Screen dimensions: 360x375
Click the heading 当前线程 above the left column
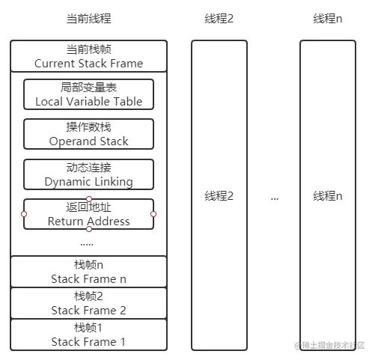point(88,19)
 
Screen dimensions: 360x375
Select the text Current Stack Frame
point(88,64)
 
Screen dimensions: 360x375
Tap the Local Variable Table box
point(88,94)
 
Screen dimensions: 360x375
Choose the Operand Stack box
point(88,134)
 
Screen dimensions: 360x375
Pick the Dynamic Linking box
point(88,174)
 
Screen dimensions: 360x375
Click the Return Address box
point(88,214)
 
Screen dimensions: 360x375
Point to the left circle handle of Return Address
point(24,214)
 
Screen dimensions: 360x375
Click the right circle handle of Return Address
point(153,214)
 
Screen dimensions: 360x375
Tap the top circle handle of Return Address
point(88,198)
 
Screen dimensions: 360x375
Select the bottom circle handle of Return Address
point(88,229)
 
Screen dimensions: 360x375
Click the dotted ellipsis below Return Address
point(87,242)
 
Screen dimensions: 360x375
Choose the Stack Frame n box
point(88,272)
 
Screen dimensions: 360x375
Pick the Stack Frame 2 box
point(88,303)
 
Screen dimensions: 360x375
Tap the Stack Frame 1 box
point(88,335)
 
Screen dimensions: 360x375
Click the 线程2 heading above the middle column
point(219,19)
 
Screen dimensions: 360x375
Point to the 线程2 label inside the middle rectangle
point(219,196)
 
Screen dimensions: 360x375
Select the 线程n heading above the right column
point(327,19)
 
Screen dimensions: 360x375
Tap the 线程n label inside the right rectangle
point(327,196)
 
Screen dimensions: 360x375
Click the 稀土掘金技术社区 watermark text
point(334,347)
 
